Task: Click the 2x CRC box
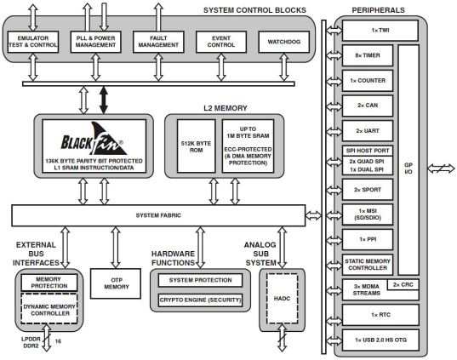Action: [x=405, y=283]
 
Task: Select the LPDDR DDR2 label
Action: [x=30, y=344]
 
